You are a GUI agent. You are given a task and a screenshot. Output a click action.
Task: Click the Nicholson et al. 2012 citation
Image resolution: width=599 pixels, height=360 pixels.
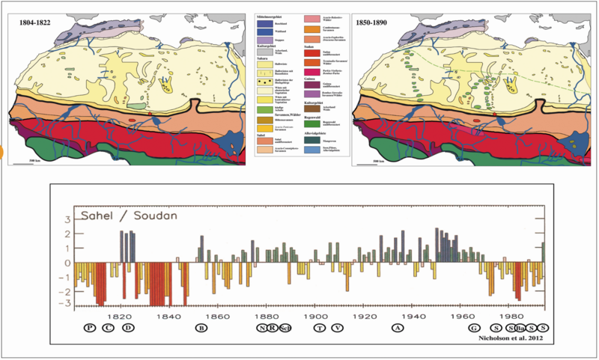[x=509, y=338]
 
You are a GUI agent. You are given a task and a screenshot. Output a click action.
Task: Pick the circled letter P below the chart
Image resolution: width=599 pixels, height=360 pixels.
[x=90, y=328]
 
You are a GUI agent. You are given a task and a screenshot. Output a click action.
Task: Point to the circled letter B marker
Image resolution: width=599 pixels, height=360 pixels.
[x=201, y=328]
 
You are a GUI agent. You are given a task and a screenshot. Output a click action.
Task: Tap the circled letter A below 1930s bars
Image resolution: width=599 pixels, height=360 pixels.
[x=398, y=328]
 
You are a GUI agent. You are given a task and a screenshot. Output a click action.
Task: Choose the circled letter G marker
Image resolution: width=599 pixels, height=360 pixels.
[x=473, y=328]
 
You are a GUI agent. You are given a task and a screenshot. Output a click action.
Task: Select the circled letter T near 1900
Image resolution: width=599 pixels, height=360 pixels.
[x=320, y=328]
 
